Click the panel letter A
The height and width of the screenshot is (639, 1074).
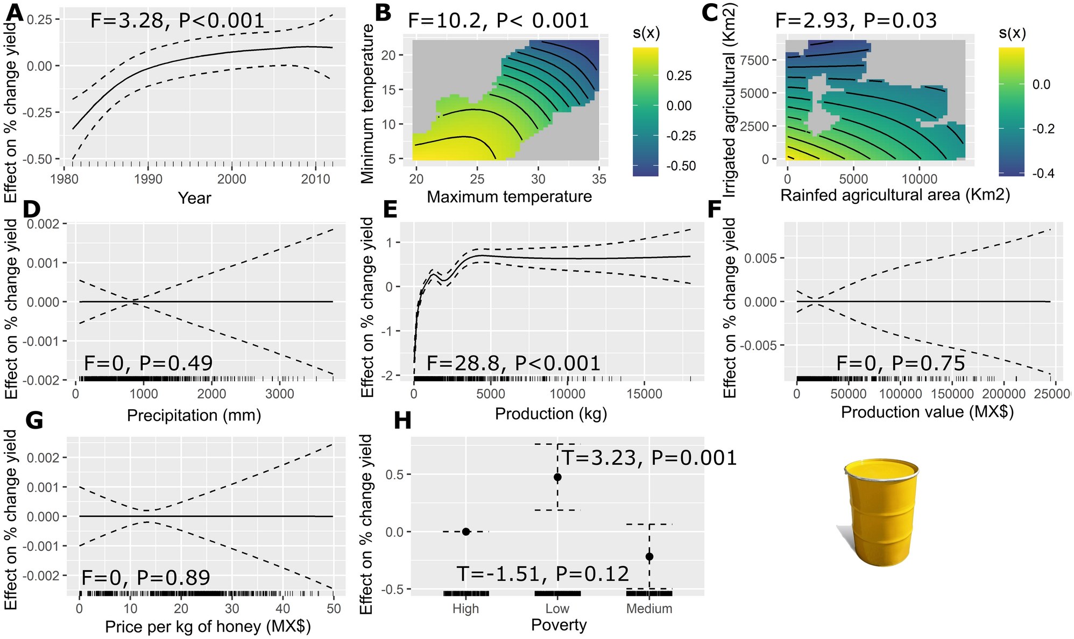15,12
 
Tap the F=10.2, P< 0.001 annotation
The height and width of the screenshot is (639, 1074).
498,21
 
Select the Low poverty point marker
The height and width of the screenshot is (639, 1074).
557,477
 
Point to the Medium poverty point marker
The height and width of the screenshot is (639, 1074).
649,556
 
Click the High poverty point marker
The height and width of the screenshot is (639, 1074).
466,531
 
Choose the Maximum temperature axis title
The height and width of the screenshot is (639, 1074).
509,196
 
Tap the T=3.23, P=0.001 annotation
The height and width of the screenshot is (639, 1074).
649,458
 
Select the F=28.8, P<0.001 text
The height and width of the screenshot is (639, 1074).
513,364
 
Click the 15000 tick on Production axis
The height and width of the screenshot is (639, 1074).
644,394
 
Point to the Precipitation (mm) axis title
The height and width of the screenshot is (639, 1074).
194,415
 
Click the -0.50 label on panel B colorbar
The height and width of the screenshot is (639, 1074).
681,166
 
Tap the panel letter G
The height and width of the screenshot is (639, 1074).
34,421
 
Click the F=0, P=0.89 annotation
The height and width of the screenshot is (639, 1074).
145,578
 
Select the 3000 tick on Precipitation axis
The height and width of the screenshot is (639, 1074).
280,394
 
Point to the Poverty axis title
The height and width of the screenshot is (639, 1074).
559,625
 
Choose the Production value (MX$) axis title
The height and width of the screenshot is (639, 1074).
927,412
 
